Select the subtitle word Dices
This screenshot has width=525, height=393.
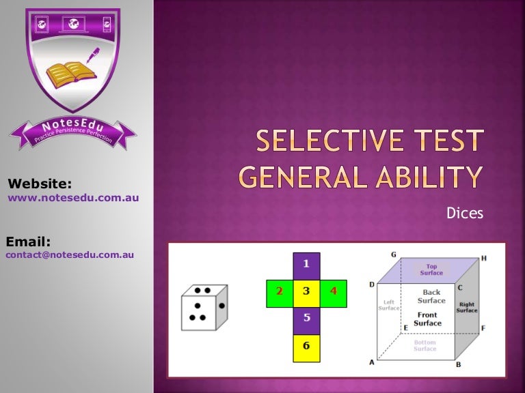(x=465, y=214)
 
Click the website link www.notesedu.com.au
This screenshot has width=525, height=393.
(x=73, y=198)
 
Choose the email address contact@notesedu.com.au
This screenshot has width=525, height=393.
(x=70, y=255)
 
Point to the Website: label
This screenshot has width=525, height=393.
(x=39, y=183)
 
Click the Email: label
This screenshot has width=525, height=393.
(x=29, y=240)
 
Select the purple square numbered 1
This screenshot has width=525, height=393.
(x=306, y=263)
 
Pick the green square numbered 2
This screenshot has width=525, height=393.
(x=279, y=291)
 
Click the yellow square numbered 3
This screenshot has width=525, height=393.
(x=306, y=291)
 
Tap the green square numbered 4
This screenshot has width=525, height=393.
(x=334, y=291)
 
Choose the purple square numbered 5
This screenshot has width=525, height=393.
(x=306, y=318)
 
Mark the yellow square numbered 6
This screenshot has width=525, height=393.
(x=306, y=346)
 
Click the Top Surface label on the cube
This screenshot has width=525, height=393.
(x=431, y=270)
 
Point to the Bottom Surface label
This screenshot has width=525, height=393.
(x=425, y=346)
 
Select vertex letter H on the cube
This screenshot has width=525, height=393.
(x=484, y=259)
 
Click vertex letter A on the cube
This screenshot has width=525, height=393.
(x=373, y=362)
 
